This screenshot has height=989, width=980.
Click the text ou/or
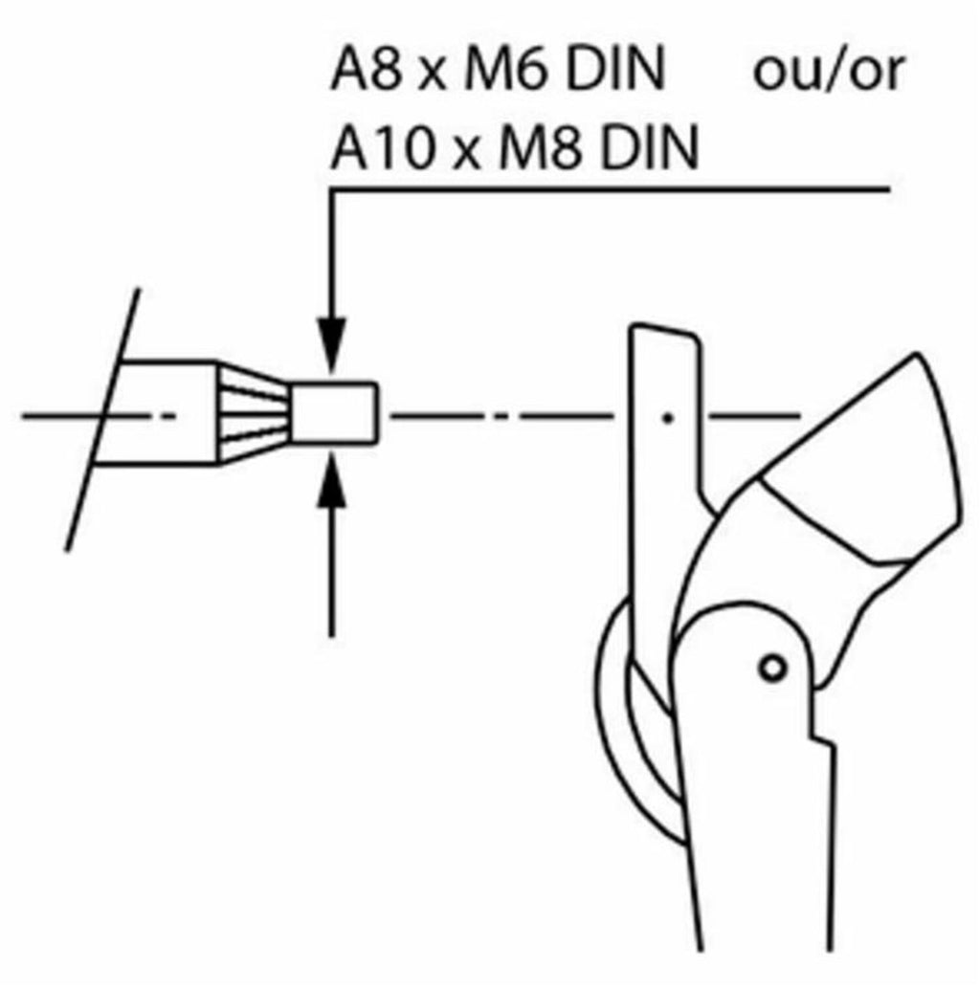pyautogui.click(x=829, y=70)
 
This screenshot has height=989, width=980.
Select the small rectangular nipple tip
pyautogui.click(x=334, y=413)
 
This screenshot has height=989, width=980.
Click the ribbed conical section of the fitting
pyautogui.click(x=254, y=413)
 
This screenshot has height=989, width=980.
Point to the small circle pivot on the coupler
pyautogui.click(x=772, y=668)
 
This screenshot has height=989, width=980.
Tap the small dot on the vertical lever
pyautogui.click(x=668, y=417)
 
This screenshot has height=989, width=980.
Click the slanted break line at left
pyautogui.click(x=102, y=420)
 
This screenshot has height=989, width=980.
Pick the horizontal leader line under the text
pyautogui.click(x=610, y=188)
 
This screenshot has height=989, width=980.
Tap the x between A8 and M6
pyautogui.click(x=433, y=76)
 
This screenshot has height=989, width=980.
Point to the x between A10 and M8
pyautogui.click(x=467, y=155)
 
